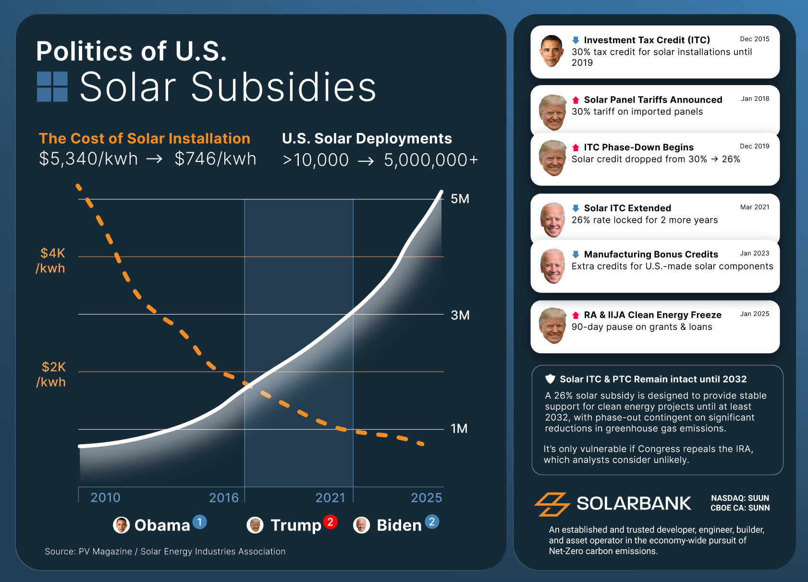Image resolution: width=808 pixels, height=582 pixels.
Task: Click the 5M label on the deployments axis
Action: pyautogui.click(x=460, y=199)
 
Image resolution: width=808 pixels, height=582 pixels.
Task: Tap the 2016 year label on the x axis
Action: pyautogui.click(x=224, y=497)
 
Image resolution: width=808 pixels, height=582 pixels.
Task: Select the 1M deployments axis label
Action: pyautogui.click(x=459, y=428)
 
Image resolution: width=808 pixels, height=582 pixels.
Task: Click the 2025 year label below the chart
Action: pyautogui.click(x=426, y=497)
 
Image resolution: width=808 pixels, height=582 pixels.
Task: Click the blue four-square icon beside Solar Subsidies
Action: pyautogui.click(x=52, y=87)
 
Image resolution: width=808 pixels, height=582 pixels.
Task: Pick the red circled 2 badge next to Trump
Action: pyautogui.click(x=330, y=522)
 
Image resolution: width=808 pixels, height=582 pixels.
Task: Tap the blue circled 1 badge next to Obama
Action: pyautogui.click(x=199, y=522)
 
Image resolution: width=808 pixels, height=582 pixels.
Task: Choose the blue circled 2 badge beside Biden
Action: pyautogui.click(x=432, y=522)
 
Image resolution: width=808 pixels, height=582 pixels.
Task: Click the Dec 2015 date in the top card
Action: pyautogui.click(x=754, y=39)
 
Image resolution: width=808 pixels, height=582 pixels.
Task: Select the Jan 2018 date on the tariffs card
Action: pyautogui.click(x=755, y=98)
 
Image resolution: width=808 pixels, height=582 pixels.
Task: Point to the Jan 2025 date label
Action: pyautogui.click(x=754, y=314)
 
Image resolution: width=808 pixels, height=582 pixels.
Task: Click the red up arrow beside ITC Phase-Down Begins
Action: pyautogui.click(x=575, y=147)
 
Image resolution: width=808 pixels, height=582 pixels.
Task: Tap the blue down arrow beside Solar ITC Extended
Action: pyautogui.click(x=575, y=208)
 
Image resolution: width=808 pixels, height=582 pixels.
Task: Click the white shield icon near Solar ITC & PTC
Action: pyautogui.click(x=550, y=379)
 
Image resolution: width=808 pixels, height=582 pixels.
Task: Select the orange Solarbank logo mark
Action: pyautogui.click(x=552, y=504)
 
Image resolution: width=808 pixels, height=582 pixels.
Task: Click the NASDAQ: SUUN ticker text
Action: pyautogui.click(x=740, y=498)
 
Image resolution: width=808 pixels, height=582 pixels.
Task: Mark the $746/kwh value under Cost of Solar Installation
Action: pyautogui.click(x=215, y=159)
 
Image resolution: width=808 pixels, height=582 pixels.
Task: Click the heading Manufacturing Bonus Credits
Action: pyautogui.click(x=650, y=254)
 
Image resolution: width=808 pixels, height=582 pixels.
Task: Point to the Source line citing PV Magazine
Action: pyautogui.click(x=165, y=551)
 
